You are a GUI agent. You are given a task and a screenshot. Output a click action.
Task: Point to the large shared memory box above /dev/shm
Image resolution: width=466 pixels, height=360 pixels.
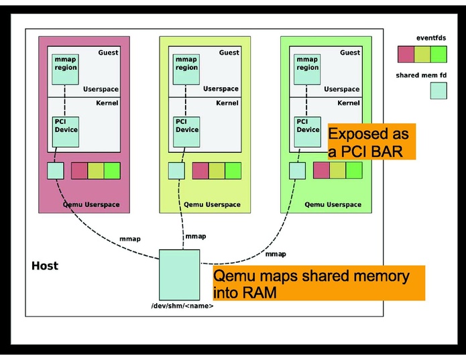click(x=179, y=274)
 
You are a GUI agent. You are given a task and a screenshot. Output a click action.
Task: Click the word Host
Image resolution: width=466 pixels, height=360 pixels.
click(x=45, y=266)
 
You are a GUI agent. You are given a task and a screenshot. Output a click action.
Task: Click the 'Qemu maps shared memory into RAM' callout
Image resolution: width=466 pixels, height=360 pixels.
click(x=319, y=283)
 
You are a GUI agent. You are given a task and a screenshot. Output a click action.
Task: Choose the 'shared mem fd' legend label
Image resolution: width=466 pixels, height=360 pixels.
click(x=422, y=76)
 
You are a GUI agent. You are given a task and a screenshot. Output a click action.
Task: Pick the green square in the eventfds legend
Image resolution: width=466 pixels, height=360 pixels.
click(x=439, y=54)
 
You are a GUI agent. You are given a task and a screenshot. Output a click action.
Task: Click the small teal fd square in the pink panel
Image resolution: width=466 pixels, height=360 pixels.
click(x=55, y=171)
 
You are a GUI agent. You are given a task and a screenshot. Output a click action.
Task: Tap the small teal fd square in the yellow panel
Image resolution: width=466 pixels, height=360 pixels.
click(x=176, y=171)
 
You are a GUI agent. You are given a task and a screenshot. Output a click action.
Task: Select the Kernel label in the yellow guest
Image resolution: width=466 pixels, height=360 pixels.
click(x=227, y=103)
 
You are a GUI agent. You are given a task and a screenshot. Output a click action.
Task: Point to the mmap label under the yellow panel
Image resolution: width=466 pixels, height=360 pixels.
click(x=196, y=236)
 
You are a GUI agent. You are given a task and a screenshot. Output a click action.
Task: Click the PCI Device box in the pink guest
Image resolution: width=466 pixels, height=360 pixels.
click(x=66, y=131)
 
